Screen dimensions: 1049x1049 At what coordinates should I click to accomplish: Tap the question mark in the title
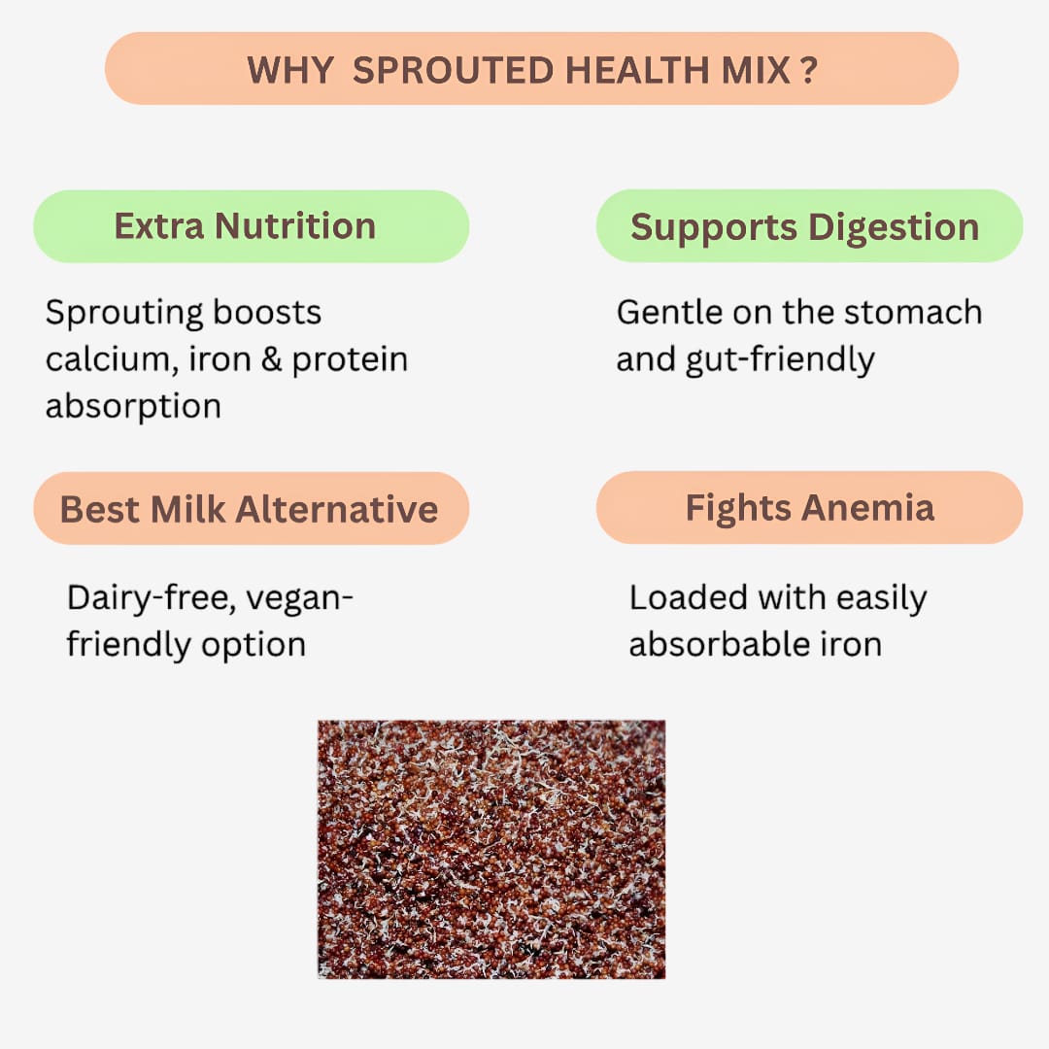[x=809, y=70]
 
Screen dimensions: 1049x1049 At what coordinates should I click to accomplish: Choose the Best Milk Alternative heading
[x=251, y=508]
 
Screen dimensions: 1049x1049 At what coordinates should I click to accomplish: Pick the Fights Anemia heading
[x=808, y=508]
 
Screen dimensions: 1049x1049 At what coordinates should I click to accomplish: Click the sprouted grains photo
[x=491, y=849]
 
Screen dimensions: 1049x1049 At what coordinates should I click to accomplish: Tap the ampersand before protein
[x=268, y=359]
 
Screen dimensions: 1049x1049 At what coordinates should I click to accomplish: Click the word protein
[x=350, y=360]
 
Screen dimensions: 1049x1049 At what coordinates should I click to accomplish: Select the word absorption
[x=133, y=406]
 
